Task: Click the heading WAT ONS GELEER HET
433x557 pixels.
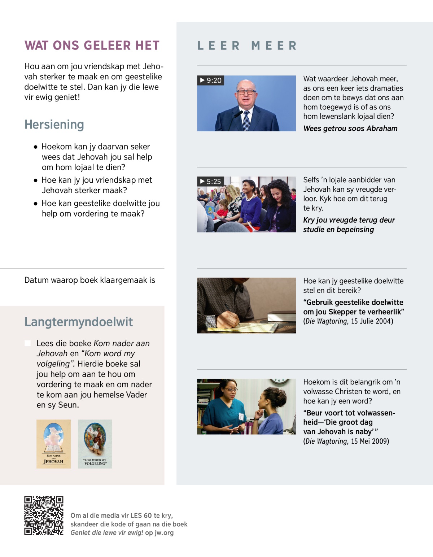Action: [x=92, y=45]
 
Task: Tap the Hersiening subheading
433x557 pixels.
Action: [x=54, y=125]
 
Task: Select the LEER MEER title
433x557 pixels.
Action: [x=247, y=46]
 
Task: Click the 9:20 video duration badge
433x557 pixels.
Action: [x=211, y=80]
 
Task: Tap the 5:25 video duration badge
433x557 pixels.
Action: [x=211, y=181]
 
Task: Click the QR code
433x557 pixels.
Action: [x=44, y=515]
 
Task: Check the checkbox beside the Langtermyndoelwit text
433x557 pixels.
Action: [x=28, y=343]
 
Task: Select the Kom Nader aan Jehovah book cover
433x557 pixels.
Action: [x=53, y=444]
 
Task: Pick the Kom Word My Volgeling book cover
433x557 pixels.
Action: [x=95, y=444]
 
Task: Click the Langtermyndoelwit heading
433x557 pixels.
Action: [x=78, y=322]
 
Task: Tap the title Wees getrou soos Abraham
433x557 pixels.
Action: [x=350, y=129]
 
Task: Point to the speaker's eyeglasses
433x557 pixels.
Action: [x=246, y=92]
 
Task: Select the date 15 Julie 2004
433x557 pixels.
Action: [x=372, y=321]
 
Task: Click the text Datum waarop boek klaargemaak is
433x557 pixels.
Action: [x=89, y=280]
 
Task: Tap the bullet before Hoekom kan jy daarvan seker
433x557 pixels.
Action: [x=35, y=147]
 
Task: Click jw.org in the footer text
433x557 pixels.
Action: [x=164, y=533]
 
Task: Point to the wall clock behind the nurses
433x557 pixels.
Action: [x=279, y=381]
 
